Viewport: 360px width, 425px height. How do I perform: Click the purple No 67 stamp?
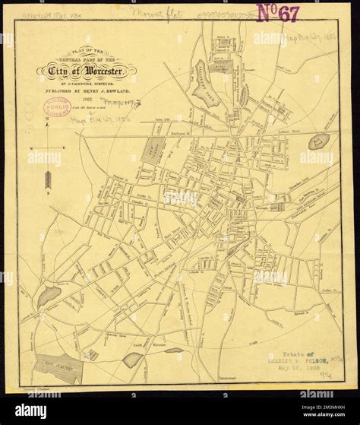click(279, 13)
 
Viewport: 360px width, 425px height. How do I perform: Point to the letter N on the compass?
click(47, 120)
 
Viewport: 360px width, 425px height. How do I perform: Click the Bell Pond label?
click(319, 141)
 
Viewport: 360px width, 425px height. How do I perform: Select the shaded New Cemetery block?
click(149, 153)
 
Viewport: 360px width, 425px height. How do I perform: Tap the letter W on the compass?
click(32, 147)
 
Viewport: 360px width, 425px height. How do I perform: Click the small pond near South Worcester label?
click(133, 359)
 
